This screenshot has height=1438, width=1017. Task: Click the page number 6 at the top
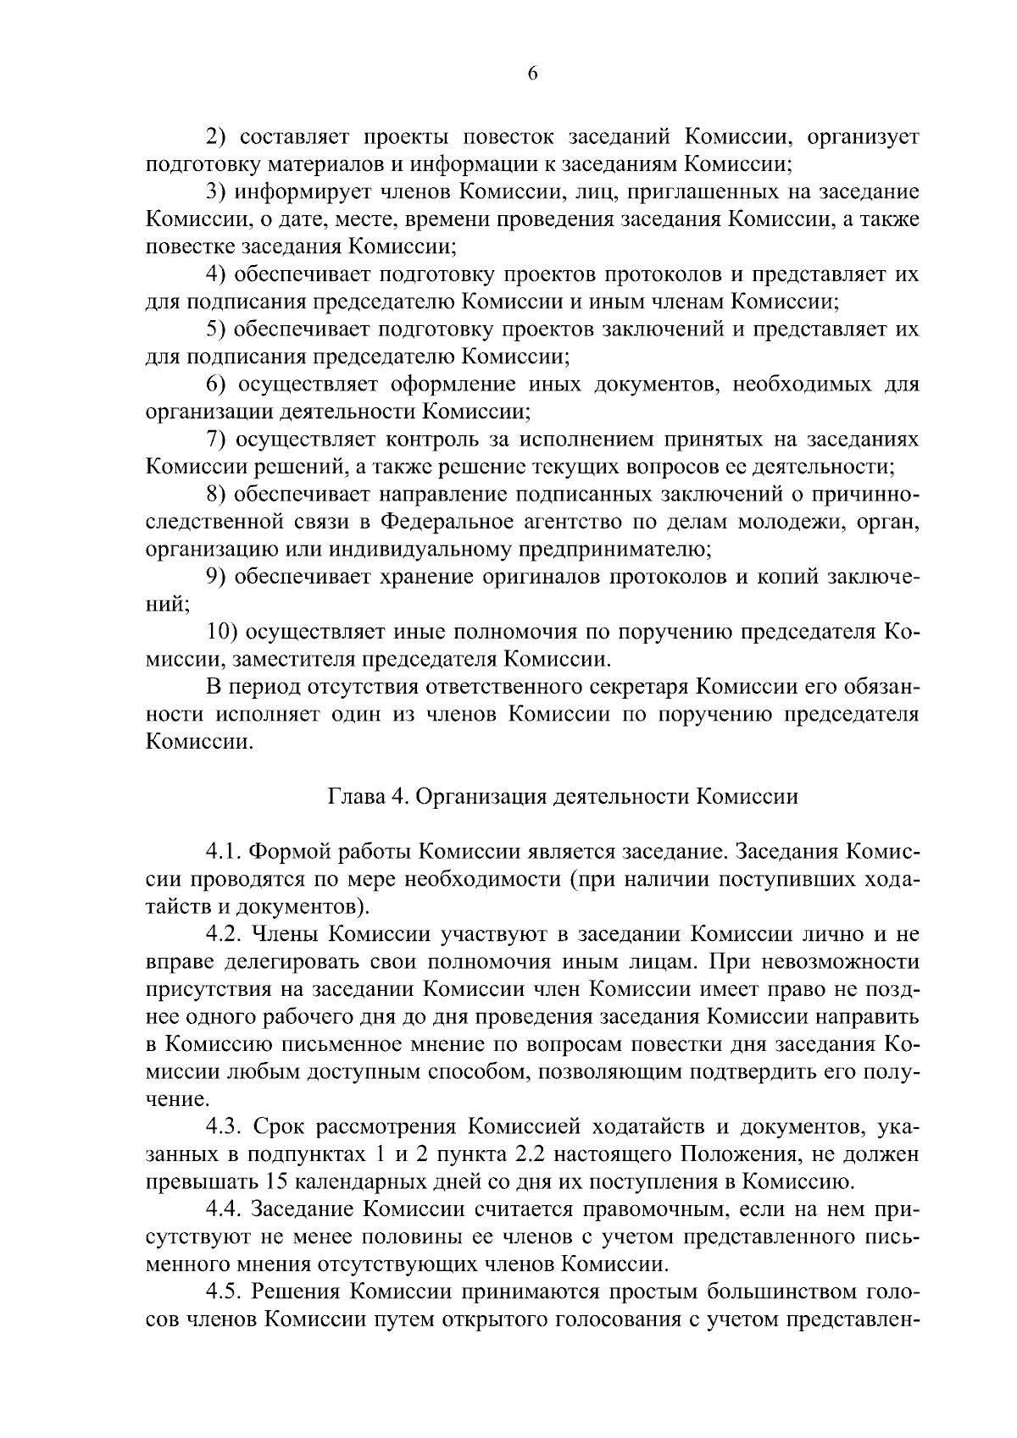[532, 74]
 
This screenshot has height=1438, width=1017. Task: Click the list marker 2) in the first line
[220, 136]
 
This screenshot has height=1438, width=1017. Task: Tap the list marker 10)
[224, 632]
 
